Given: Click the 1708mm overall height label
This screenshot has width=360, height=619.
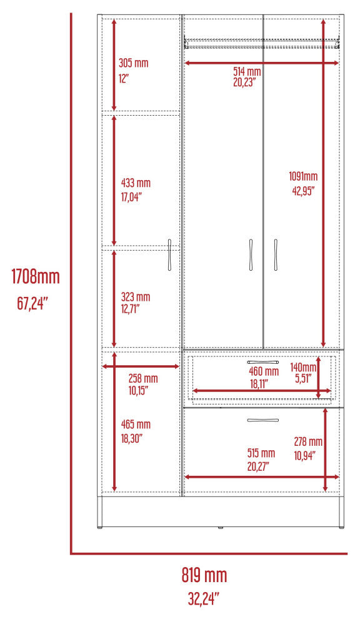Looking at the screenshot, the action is [x=36, y=277].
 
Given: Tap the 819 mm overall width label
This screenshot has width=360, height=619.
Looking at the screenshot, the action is [x=204, y=575].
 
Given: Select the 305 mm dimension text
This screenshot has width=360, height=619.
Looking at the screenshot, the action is [x=133, y=63].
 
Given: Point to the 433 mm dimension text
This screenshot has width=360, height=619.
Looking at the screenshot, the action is [x=136, y=183].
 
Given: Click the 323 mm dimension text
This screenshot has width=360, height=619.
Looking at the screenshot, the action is [x=136, y=296].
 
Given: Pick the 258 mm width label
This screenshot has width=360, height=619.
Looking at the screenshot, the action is [x=143, y=378].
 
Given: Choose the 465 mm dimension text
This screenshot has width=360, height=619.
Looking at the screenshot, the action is [x=136, y=425].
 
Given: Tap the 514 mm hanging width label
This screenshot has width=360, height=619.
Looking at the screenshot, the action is [x=247, y=72].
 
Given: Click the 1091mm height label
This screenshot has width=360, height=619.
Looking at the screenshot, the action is [x=303, y=176].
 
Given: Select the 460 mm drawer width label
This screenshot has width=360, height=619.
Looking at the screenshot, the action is [x=264, y=371].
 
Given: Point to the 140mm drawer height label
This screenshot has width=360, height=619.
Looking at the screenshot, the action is [x=303, y=367].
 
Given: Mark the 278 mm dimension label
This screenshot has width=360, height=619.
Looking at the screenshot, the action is [x=308, y=441].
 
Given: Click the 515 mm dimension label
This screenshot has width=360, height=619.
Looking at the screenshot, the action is [x=261, y=453].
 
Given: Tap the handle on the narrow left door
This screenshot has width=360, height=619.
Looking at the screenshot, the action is [x=170, y=254].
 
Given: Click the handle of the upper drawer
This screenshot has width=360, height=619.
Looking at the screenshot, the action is [x=263, y=362].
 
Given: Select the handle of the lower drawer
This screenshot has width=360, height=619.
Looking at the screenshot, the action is [x=263, y=420].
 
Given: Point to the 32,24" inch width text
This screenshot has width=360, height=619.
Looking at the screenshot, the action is [x=203, y=599].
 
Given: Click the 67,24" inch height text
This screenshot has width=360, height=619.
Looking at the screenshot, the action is [x=32, y=303].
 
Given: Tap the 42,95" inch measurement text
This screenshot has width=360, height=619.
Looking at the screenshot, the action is [x=303, y=191].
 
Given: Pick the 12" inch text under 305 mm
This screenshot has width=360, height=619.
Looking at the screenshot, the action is [x=124, y=78].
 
